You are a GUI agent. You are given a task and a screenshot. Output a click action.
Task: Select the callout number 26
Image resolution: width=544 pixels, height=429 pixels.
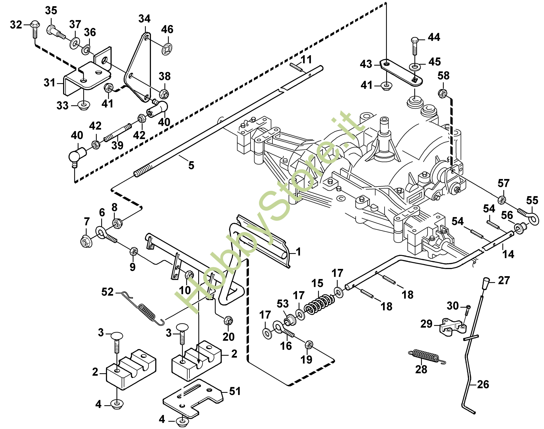tap(483, 384)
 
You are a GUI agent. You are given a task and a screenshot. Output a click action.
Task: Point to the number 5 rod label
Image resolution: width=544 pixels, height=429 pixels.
tap(191, 165)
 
